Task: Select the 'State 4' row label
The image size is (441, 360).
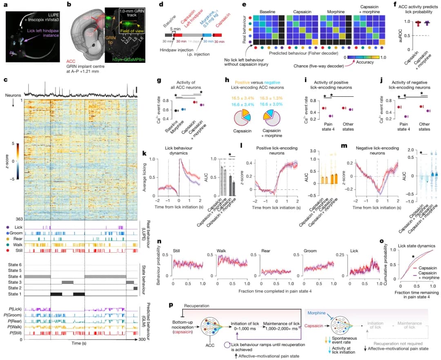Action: point(15,277)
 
